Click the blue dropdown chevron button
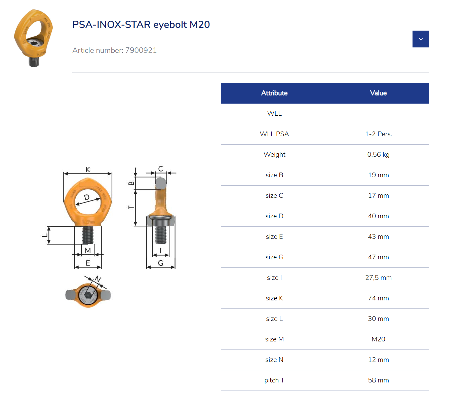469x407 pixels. [x=421, y=39]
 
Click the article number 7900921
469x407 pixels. [x=141, y=50]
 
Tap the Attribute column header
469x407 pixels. [x=274, y=93]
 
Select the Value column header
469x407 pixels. [x=378, y=93]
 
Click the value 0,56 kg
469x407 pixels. [x=378, y=155]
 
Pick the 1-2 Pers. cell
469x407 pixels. [x=378, y=134]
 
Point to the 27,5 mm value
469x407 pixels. [x=378, y=278]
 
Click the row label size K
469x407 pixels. [x=274, y=298]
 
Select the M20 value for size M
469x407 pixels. [x=378, y=339]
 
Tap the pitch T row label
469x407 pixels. [x=274, y=380]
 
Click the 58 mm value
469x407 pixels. [x=378, y=380]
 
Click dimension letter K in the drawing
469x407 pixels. [x=88, y=170]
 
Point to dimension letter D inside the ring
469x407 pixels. [x=87, y=197]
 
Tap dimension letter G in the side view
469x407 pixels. [x=160, y=263]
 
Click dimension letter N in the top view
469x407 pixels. [x=98, y=279]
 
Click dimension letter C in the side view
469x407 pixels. [x=160, y=169]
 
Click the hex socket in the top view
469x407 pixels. [x=88, y=295]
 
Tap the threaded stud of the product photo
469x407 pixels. [x=34, y=62]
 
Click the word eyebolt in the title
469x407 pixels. [x=170, y=25]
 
